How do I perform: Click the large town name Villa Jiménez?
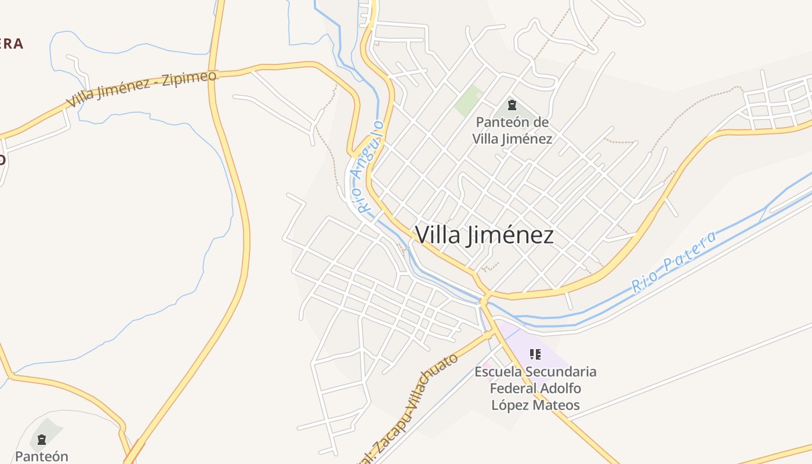coord(484,235)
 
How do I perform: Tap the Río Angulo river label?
coord(369,167)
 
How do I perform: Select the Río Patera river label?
coord(674,261)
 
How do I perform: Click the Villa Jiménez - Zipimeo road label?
coord(142,89)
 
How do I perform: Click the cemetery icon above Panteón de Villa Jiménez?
coord(512,105)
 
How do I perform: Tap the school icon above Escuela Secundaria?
coord(535,354)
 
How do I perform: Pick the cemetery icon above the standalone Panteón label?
coord(41,440)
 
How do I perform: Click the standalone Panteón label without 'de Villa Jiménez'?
coord(42,456)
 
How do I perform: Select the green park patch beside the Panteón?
coord(469,100)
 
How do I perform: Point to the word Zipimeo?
coord(190,78)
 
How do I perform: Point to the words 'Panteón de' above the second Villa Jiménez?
coord(512,122)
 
